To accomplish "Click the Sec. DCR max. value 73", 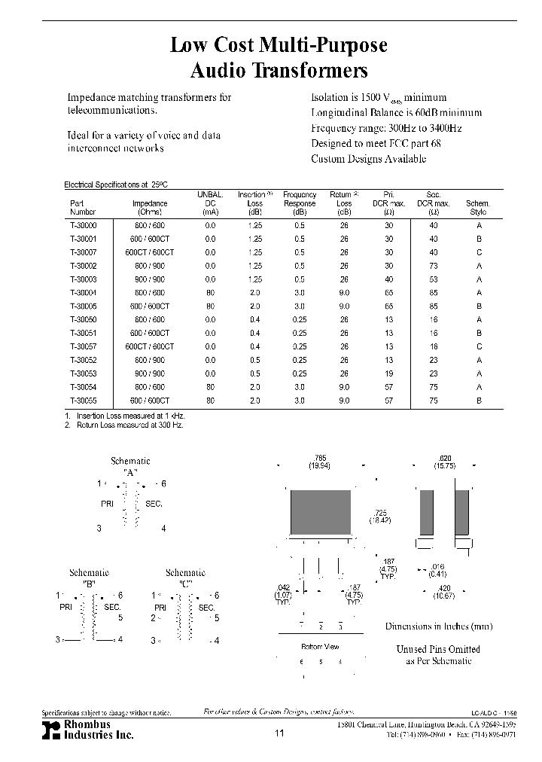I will [434, 266].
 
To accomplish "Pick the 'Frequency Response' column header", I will [300, 203].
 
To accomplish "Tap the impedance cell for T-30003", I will [149, 279].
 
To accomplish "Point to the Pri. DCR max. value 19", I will [388, 373].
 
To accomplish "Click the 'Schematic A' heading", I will [130, 466].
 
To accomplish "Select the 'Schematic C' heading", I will [185, 578].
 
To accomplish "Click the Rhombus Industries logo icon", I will [50, 729].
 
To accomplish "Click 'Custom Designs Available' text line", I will [368, 159].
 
